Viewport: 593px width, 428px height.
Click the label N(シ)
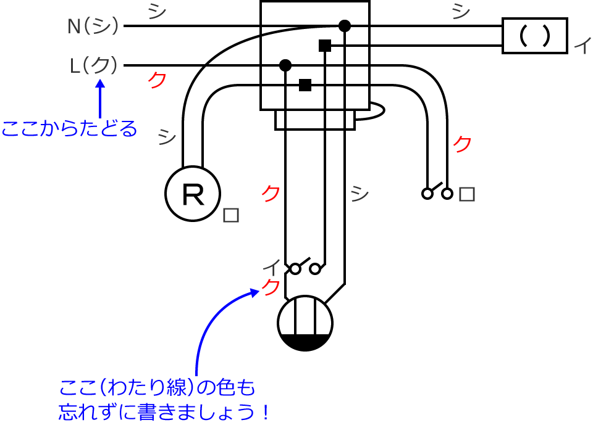(x=93, y=27)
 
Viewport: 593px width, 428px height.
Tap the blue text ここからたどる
(x=69, y=129)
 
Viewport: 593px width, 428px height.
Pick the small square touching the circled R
(x=230, y=215)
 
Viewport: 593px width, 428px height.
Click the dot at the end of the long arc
(x=344, y=26)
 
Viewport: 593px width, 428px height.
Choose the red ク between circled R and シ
(x=270, y=193)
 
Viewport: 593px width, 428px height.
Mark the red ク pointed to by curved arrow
(x=271, y=287)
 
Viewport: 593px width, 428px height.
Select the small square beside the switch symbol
(x=468, y=194)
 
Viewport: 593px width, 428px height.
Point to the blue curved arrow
(x=210, y=327)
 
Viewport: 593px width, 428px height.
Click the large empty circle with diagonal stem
(x=305, y=322)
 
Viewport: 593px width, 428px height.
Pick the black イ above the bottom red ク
(x=270, y=268)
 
